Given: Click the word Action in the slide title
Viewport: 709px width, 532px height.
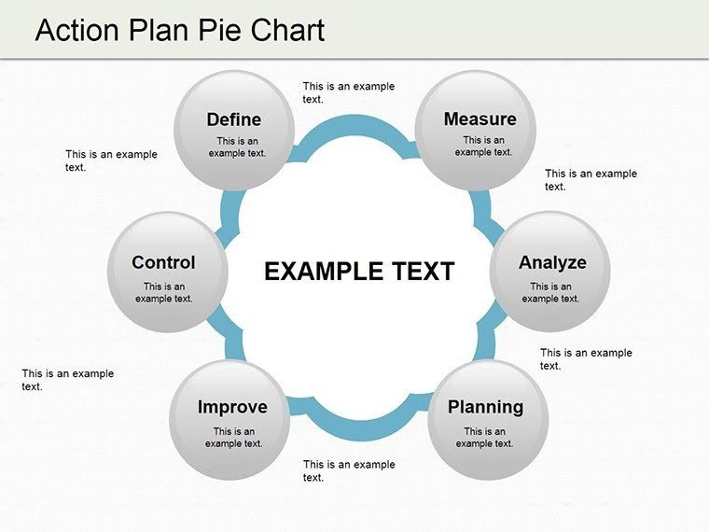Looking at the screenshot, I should coord(77,30).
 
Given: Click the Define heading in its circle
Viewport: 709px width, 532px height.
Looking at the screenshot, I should coord(234,119).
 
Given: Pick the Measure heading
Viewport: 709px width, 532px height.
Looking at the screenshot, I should coord(480,119).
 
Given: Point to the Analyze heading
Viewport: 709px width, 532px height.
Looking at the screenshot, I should coord(552,262).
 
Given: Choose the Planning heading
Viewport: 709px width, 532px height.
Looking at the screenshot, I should coord(485,407).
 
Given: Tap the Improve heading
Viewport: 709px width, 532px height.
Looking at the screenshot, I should coord(232,407).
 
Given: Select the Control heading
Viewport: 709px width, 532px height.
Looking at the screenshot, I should coord(163,262).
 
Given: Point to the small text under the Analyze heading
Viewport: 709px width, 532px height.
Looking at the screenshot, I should coord(550,293).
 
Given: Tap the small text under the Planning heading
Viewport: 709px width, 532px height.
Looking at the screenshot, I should coord(484,438).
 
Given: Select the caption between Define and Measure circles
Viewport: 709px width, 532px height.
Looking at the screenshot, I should coord(348,92).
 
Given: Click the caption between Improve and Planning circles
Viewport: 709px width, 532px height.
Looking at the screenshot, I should coord(348,470).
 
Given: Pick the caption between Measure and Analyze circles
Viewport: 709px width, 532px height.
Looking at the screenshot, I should coord(591,180).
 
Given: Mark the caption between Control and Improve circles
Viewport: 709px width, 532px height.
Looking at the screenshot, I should coord(67,380).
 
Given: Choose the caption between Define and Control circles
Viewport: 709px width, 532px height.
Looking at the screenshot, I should coord(111,161).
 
